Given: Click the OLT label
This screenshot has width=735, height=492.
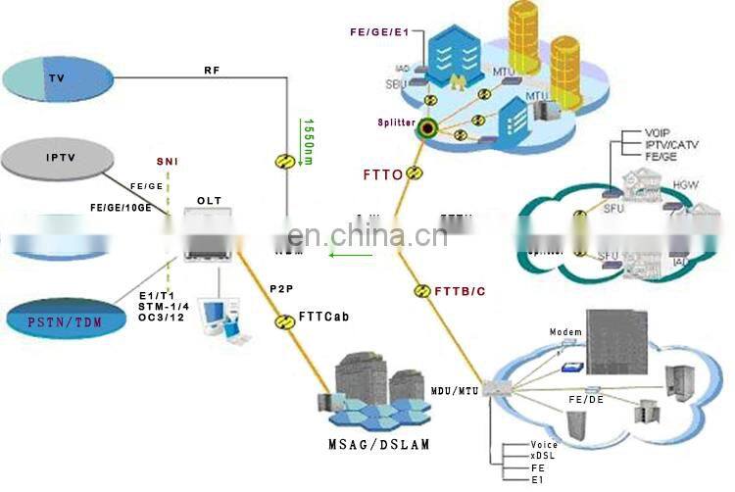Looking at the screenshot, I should [209, 201].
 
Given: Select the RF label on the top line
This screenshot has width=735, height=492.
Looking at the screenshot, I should [212, 70].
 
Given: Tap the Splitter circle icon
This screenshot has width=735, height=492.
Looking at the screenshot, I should [427, 127].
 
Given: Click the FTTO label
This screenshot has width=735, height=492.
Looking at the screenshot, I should [383, 174].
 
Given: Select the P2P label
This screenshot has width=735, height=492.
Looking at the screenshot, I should [281, 289].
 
